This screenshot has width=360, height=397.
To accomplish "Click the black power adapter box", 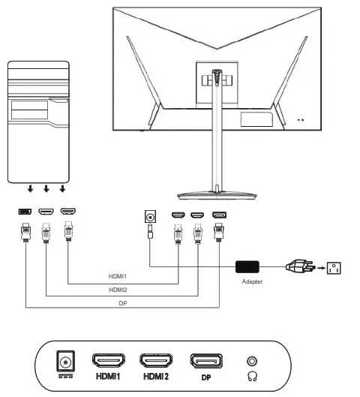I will [247, 266].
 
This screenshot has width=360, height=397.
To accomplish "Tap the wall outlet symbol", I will [334, 266].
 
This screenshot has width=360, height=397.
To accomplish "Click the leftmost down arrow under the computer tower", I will [29, 191].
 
